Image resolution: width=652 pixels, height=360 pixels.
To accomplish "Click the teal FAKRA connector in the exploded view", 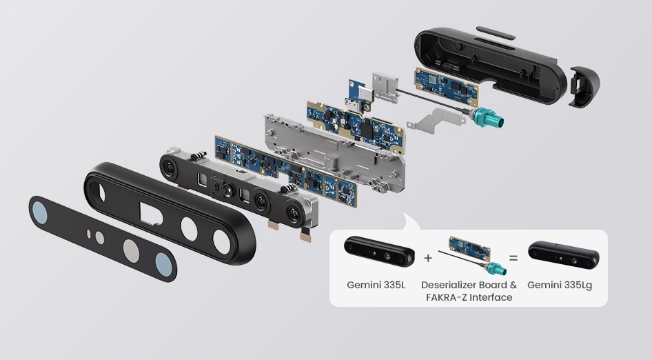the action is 489,117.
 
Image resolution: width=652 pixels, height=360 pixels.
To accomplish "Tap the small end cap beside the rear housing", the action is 584,87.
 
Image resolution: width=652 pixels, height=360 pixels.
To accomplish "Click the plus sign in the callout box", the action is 428,258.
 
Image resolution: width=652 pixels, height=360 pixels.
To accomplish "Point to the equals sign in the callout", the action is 513,258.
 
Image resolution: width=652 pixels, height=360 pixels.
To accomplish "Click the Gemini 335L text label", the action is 376,285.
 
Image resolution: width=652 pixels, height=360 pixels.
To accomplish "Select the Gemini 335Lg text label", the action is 560,285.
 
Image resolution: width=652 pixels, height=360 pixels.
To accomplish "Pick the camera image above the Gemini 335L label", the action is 379,251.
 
